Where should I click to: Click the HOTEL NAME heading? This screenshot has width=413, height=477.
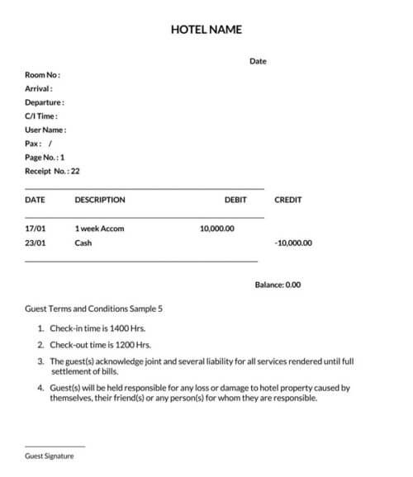[206, 30]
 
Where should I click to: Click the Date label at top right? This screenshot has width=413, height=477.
[258, 61]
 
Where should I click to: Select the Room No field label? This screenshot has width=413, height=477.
[42, 75]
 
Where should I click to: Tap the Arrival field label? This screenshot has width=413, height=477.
[39, 88]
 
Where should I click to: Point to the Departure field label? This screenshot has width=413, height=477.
[45, 102]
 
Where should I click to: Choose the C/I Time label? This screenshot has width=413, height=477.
[41, 116]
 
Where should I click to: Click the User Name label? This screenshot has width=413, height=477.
[45, 130]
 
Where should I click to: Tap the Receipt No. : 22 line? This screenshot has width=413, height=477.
[52, 172]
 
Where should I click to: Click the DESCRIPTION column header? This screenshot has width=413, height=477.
[100, 200]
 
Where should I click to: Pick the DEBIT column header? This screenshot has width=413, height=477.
[235, 200]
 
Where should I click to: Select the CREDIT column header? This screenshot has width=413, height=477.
[287, 200]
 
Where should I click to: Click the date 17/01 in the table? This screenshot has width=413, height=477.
[36, 229]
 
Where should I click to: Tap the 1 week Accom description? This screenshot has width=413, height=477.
[99, 229]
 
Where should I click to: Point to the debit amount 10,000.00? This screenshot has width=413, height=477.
[217, 229]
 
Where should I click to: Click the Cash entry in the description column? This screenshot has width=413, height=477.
[83, 243]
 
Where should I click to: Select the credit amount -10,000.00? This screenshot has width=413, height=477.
[293, 243]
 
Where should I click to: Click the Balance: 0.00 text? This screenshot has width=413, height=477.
[278, 285]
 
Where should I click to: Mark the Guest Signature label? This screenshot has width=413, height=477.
[50, 456]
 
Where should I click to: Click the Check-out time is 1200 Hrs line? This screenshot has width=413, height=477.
[100, 345]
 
